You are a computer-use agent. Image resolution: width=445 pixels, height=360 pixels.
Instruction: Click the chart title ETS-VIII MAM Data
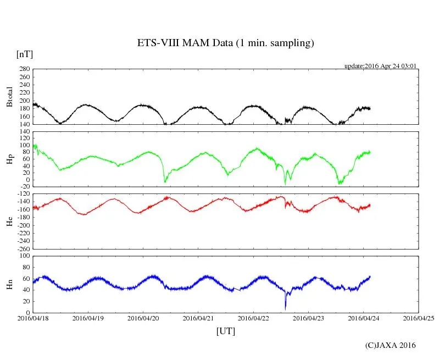click(x=225, y=43)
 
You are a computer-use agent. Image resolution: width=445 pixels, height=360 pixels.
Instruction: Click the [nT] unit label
click(x=24, y=54)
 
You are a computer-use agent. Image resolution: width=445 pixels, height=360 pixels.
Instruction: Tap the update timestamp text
click(x=380, y=66)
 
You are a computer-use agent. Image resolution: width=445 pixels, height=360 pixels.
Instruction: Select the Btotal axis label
click(x=9, y=96)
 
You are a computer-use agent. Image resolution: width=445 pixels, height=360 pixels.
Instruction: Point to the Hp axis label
click(x=9, y=159)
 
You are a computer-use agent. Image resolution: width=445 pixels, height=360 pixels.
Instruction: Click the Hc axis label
click(x=9, y=221)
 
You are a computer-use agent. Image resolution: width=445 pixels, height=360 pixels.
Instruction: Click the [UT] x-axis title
click(x=225, y=331)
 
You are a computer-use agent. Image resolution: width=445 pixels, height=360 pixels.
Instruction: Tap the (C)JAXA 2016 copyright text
click(x=391, y=345)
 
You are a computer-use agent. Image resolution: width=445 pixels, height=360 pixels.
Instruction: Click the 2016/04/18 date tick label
click(x=33, y=318)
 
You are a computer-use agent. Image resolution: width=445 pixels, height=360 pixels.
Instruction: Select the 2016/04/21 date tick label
click(x=198, y=318)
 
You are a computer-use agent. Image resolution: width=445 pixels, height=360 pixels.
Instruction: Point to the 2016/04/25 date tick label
click(x=419, y=318)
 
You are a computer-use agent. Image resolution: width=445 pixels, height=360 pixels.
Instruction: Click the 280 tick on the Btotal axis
click(x=24, y=69)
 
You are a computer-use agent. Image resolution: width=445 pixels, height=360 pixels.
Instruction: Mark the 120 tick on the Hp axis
click(x=24, y=131)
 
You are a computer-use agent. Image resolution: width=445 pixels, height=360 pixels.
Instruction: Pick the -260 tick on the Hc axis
click(x=22, y=248)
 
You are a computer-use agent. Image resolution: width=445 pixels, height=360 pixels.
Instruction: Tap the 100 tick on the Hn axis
click(x=24, y=256)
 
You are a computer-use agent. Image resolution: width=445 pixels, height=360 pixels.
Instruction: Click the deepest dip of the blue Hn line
click(x=285, y=308)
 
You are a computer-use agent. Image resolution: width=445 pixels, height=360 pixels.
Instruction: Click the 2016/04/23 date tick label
click(x=308, y=318)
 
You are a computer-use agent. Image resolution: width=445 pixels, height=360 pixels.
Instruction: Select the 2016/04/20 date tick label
click(x=143, y=318)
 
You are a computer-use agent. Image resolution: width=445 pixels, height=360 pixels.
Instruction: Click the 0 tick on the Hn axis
click(x=27, y=313)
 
